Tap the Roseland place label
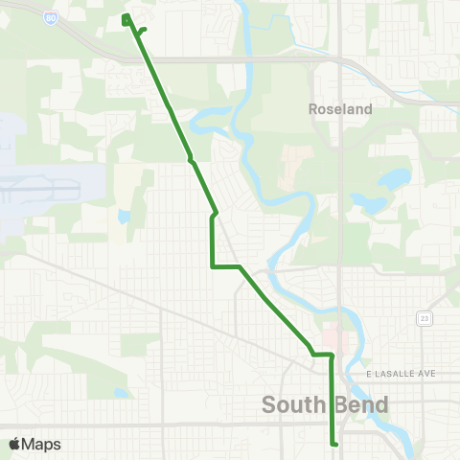pos(340,109)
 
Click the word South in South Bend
pos(293,405)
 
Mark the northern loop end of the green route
pos(126,17)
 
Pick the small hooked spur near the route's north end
pos(143,30)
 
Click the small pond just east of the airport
pos(124,217)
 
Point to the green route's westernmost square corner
pos(212,266)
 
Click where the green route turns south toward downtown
pos(332,356)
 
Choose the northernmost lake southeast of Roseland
pos(394,179)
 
